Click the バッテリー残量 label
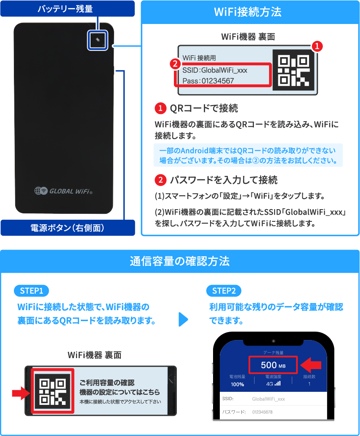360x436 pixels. [x=65, y=8]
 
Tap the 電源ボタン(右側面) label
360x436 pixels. [x=67, y=228]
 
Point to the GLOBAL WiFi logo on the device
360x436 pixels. [x=63, y=191]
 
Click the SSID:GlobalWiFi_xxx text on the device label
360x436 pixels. [x=215, y=70]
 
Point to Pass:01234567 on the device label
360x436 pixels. [x=208, y=80]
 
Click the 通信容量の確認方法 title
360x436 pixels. [x=180, y=261]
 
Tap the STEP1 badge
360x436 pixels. [x=32, y=291]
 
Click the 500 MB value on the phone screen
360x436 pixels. [x=273, y=365]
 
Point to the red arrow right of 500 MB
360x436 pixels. [x=312, y=364]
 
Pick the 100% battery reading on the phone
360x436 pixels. [x=237, y=384]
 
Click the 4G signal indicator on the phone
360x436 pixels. [x=273, y=384]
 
